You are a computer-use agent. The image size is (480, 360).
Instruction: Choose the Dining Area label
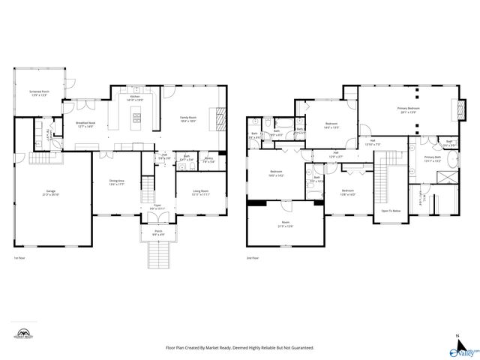(115, 182)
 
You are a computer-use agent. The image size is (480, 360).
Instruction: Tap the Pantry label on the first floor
(209, 159)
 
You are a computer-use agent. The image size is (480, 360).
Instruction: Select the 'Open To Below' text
(390, 211)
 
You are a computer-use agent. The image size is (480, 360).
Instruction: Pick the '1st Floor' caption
(20, 258)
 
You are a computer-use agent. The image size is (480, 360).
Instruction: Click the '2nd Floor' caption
(253, 258)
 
